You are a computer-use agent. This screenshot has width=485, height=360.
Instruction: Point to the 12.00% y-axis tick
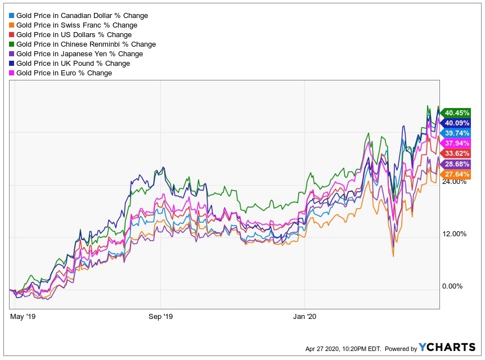tap(454, 234)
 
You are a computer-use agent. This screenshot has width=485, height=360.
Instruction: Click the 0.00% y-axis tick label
tap(452, 286)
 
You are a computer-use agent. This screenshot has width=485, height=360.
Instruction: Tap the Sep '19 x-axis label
tap(160, 317)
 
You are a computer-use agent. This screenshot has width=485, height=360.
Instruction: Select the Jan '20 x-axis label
tap(304, 317)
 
